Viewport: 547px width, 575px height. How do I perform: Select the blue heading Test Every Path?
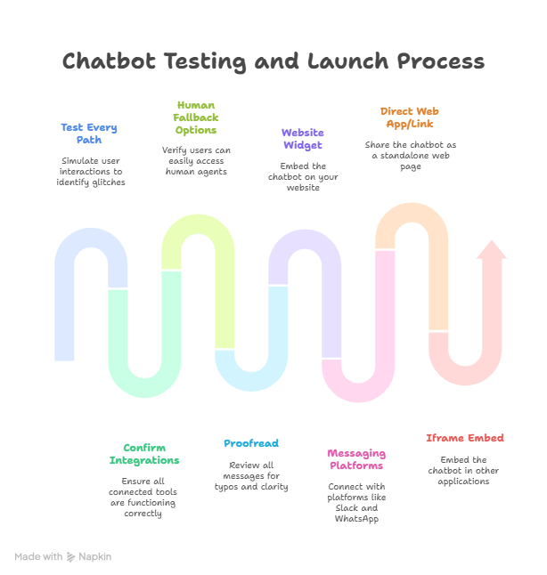click(89, 134)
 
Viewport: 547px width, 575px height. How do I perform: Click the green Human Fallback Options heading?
click(196, 117)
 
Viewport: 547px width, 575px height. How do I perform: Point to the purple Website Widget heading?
click(303, 139)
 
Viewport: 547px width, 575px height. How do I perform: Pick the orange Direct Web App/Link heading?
click(410, 117)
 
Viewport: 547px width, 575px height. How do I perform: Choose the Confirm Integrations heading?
click(144, 454)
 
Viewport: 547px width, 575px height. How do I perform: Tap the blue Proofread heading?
click(251, 443)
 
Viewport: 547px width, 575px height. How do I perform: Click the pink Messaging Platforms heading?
click(356, 459)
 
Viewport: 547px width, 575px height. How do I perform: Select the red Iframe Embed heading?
click(464, 438)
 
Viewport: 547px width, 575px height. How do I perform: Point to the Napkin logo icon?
click(70, 556)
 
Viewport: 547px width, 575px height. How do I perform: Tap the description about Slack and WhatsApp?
click(356, 503)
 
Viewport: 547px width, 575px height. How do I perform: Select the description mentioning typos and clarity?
click(251, 475)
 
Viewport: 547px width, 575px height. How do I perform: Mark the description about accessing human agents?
click(197, 160)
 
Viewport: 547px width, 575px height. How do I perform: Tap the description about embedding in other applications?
click(464, 470)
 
